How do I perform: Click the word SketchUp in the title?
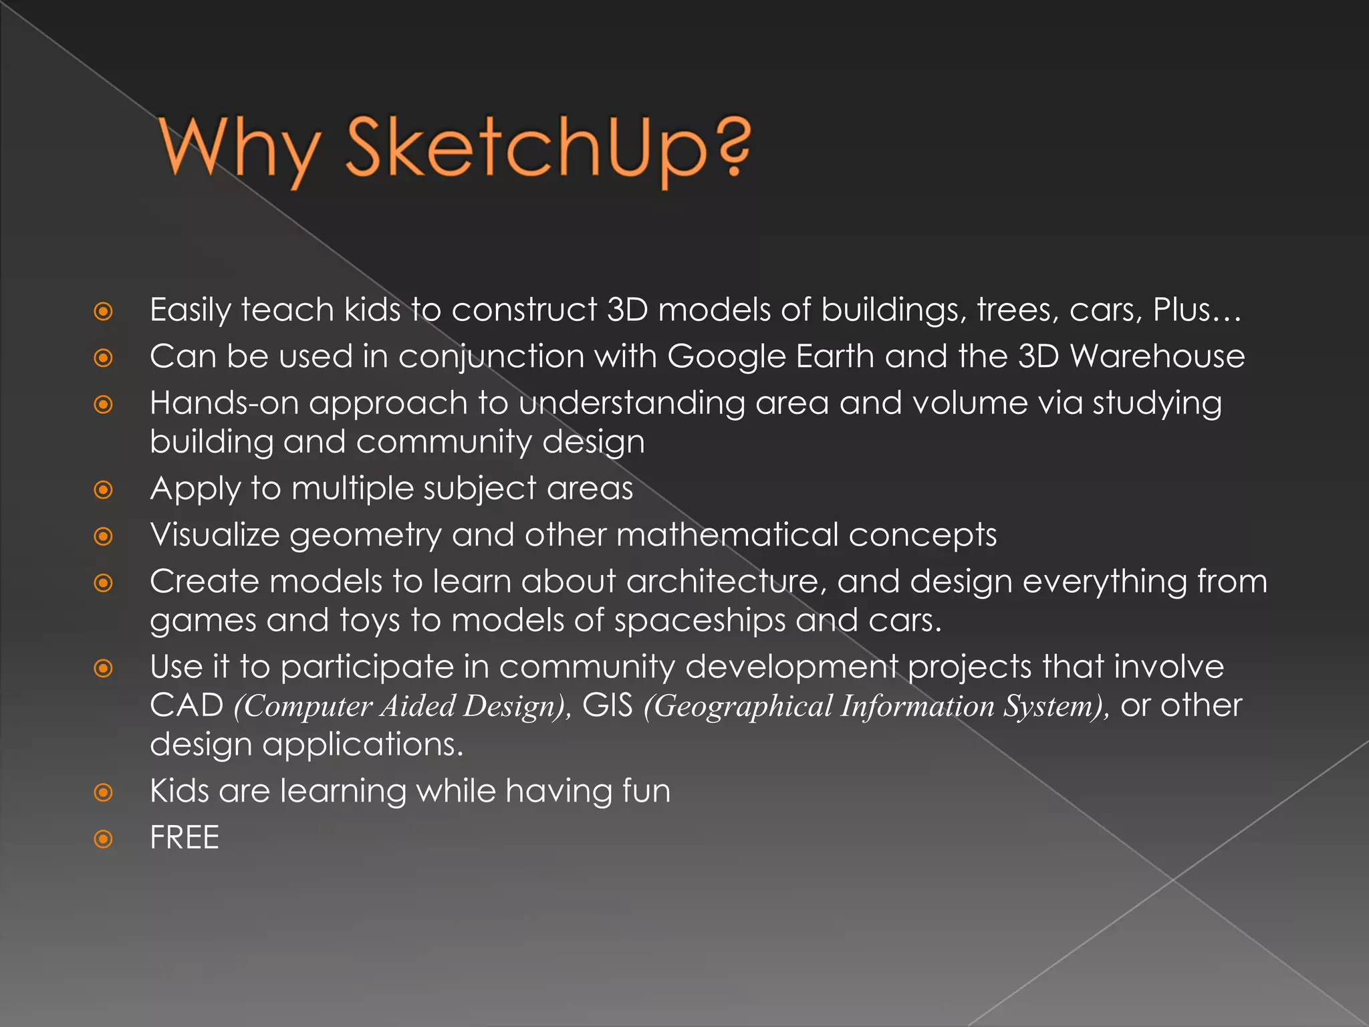pos(525,148)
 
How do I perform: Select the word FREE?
pos(184,838)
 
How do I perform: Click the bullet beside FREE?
pos(104,838)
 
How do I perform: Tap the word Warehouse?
pos(1157,356)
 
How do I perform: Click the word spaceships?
pos(700,621)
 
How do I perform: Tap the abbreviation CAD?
pos(186,705)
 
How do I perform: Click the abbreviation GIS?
pos(607,705)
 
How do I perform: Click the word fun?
pos(646,791)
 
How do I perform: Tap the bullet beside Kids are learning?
pos(104,793)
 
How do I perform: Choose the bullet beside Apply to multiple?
pos(104,490)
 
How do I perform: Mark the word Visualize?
pos(215,535)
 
